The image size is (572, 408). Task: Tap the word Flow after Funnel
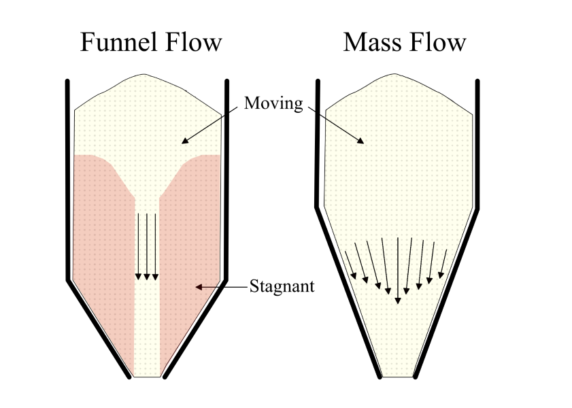point(194,42)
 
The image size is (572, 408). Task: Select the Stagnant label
point(282,286)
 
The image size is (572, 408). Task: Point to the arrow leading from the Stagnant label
point(222,287)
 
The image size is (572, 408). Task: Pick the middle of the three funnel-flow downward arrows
point(147,246)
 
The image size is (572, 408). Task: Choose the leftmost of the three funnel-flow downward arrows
point(138,246)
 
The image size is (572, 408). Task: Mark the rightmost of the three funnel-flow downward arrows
point(156,246)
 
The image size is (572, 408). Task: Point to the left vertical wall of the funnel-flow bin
point(68,177)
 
